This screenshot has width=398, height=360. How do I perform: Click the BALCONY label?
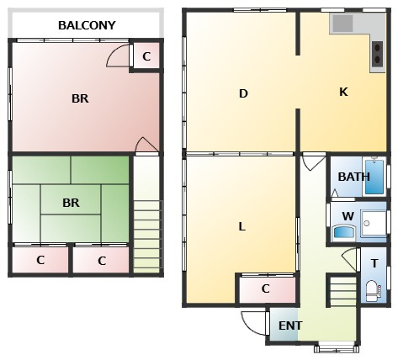point(87,25)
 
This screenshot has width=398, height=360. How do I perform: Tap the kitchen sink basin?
point(342,24)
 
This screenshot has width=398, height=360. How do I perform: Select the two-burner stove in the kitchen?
point(377,54)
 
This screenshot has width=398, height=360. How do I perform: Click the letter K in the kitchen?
point(343,92)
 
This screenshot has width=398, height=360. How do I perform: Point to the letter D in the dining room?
point(243,93)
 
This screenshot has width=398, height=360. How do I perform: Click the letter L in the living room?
point(241,226)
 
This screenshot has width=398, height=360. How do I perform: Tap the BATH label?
point(353,177)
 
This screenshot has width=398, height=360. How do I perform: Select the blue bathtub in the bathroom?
point(374,177)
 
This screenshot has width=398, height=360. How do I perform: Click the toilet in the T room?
point(373,291)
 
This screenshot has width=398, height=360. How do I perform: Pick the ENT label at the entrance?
point(290,326)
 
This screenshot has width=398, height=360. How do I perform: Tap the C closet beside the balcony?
point(146,56)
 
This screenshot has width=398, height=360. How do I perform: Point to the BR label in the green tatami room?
point(71,203)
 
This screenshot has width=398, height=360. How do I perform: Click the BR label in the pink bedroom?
point(80,98)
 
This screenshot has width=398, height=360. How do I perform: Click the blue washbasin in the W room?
point(343,231)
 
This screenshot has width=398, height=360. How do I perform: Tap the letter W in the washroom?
point(348,216)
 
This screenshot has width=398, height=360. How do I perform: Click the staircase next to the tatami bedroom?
point(147,236)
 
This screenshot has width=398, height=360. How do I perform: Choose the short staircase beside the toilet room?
point(342,290)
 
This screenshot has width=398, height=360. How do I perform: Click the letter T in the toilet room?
point(374,263)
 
